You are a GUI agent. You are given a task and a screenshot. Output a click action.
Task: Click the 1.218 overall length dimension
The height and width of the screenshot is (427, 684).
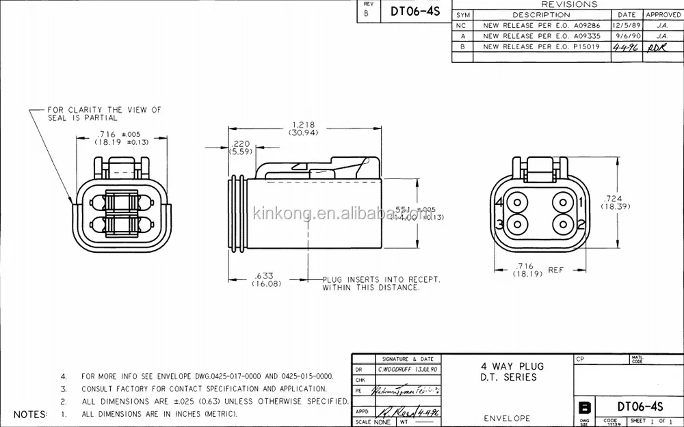303,128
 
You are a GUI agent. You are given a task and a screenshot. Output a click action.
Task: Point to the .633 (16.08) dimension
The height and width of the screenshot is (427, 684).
267,279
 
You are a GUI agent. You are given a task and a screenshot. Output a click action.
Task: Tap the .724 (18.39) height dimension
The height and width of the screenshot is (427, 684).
614,202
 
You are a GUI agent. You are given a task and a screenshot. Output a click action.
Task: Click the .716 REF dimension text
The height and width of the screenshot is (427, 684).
535,269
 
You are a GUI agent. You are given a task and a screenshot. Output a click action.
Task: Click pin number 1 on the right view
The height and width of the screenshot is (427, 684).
580,202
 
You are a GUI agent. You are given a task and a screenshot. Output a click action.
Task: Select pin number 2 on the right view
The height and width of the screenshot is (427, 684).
580,224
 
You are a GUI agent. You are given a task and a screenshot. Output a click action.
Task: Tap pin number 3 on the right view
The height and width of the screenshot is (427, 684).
499,224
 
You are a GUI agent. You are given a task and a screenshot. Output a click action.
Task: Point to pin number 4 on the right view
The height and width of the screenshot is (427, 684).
499,202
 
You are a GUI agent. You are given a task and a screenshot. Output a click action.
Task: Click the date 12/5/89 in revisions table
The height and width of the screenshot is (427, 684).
627,25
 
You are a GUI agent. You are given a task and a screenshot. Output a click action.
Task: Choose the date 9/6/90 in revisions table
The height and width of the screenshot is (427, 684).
627,36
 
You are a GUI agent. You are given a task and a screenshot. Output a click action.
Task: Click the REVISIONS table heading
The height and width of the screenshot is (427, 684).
568,4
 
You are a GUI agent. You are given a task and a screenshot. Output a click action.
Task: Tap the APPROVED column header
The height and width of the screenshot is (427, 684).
663,14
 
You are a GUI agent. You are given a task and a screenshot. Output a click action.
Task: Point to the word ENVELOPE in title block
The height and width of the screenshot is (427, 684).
506,418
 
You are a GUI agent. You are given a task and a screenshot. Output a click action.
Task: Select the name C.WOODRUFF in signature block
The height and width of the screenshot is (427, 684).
397,369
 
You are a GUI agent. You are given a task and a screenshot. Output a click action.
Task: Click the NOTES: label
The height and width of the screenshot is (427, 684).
31,414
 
